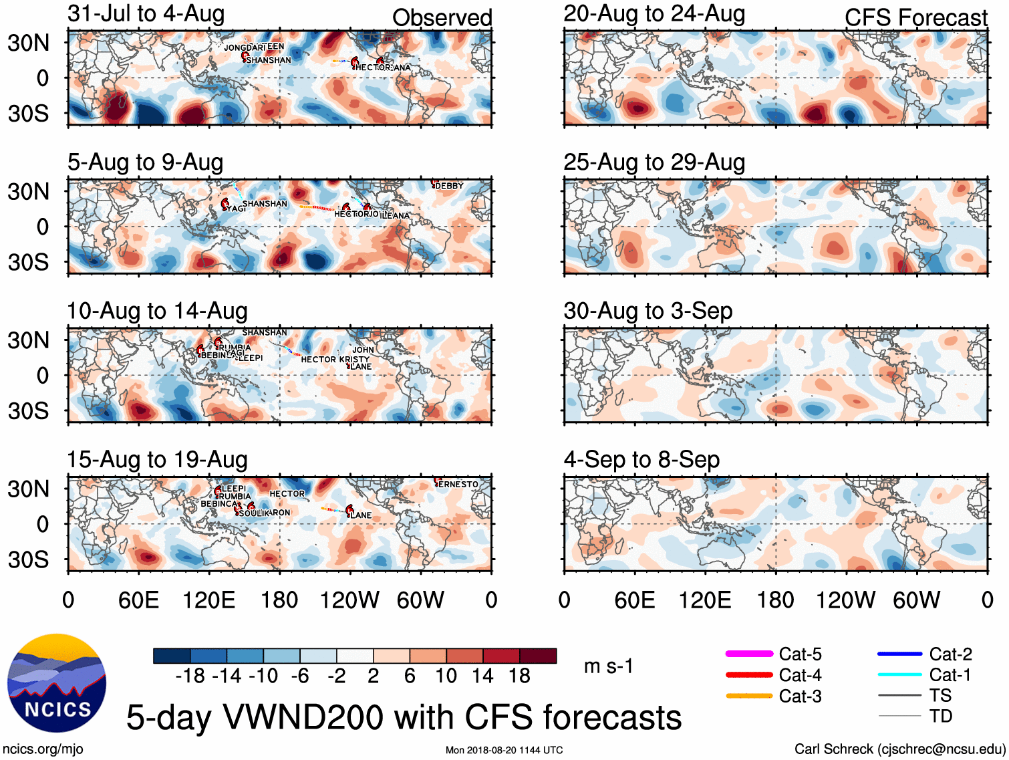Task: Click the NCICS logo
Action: point(57,682)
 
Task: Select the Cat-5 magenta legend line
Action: point(749,654)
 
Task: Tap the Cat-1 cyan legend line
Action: point(899,674)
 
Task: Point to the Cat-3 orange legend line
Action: point(749,696)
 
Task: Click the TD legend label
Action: point(940,717)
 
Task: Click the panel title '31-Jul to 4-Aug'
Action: point(146,14)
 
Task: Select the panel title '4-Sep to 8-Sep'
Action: point(641,460)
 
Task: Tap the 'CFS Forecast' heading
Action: point(915,18)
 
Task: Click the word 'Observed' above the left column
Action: point(442,18)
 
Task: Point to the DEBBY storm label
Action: point(449,186)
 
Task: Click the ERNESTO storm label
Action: point(458,484)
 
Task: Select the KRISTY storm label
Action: point(354,359)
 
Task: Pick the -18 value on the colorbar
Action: point(190,676)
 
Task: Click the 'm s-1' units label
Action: point(608,666)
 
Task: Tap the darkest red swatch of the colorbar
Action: point(538,656)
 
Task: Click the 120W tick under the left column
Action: point(349,600)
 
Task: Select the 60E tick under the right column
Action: point(635,600)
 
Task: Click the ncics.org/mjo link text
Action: point(43,749)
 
